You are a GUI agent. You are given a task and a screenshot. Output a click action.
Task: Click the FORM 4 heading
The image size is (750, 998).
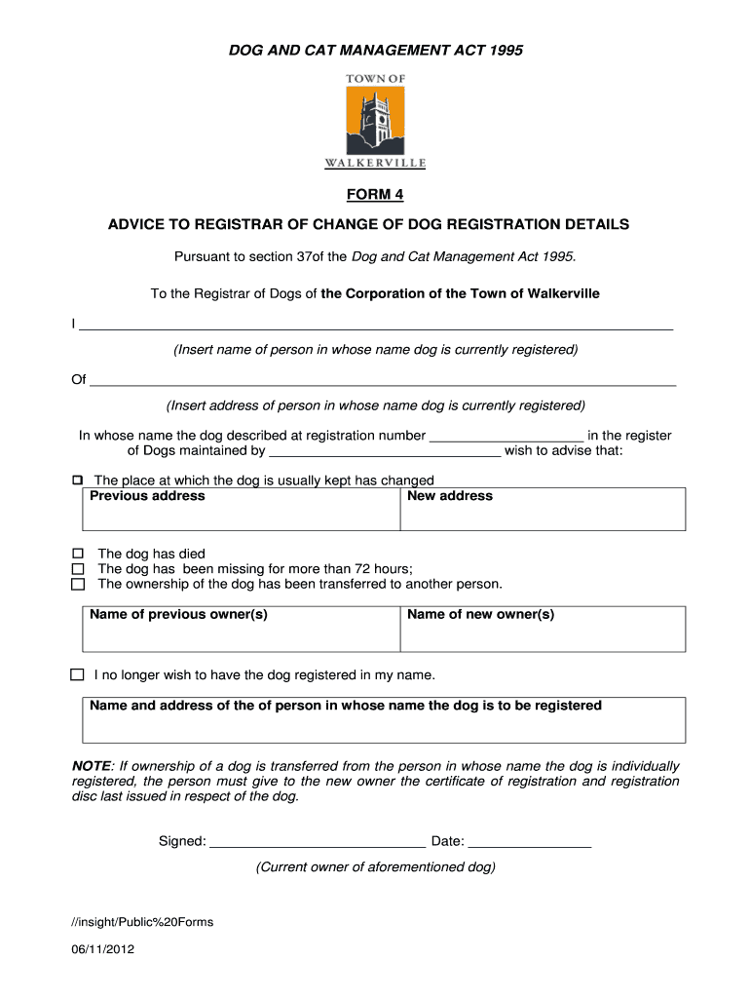[375, 195]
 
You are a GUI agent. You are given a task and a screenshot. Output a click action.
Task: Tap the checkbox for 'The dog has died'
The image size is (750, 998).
[79, 554]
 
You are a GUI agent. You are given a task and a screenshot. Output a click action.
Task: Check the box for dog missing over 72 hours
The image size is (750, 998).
[79, 569]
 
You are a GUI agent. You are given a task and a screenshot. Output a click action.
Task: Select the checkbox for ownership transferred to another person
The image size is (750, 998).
[79, 585]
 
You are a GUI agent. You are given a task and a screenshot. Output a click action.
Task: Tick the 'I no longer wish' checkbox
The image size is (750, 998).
[78, 674]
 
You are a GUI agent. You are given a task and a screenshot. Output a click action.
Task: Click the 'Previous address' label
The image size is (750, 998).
[147, 496]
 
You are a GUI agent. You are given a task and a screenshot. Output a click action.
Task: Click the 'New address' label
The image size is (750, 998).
[450, 496]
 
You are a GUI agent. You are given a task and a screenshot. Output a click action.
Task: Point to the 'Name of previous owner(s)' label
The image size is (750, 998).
[178, 615]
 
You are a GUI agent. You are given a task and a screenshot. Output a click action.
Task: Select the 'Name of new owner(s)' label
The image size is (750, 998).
[481, 615]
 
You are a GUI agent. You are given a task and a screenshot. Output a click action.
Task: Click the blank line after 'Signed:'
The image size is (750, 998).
[318, 843]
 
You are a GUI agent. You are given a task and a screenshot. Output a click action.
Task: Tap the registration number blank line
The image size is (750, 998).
[506, 438]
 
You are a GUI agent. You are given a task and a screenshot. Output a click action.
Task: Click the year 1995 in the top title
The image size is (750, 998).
[503, 51]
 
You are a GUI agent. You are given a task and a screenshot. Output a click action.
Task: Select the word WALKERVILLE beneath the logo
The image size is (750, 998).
[375, 164]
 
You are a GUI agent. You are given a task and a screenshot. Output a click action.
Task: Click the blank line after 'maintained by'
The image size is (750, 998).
[385, 453]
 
